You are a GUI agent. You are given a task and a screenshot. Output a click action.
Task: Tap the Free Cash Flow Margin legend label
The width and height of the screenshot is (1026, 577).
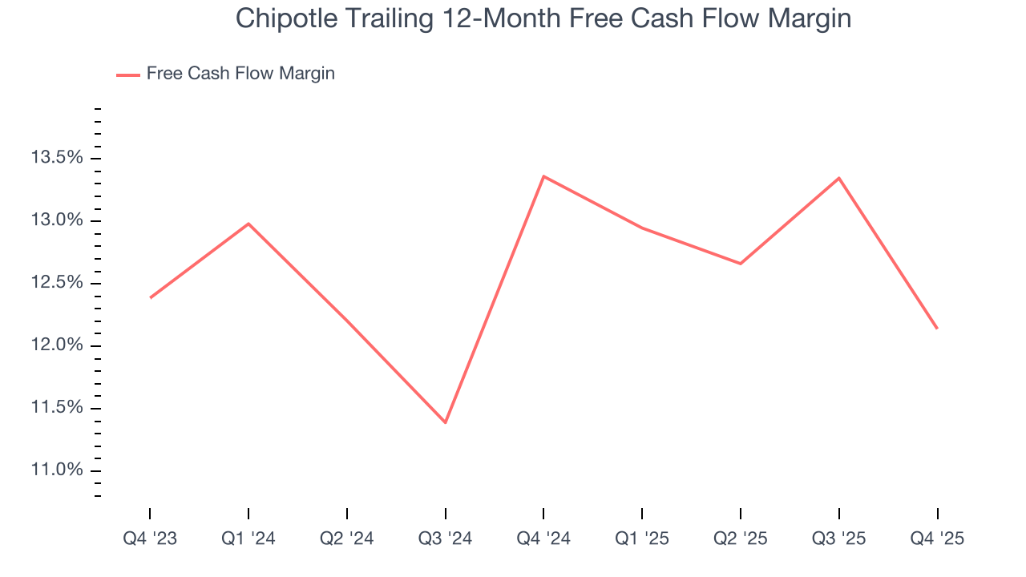(240, 74)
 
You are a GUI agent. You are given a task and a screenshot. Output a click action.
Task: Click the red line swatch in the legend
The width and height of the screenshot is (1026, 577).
(128, 75)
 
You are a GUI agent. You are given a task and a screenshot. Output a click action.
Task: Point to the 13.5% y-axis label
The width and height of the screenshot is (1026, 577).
(57, 158)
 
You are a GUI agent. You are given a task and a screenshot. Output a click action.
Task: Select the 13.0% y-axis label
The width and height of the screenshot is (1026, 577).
(57, 220)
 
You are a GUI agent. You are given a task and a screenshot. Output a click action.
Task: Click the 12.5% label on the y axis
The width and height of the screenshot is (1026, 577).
(57, 283)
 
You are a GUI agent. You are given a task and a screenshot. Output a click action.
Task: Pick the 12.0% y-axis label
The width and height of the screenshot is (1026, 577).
(57, 345)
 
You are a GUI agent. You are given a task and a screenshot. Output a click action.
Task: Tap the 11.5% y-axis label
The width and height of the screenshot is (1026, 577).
(57, 408)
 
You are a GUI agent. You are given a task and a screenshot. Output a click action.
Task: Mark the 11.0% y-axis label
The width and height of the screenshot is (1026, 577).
(57, 470)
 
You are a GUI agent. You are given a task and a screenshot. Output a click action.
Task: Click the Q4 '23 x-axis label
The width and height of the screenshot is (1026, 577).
(150, 539)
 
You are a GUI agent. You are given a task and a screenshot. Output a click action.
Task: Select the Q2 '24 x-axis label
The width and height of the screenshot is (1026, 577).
(347, 539)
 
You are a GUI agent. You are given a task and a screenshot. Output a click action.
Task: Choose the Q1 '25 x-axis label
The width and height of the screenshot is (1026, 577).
(642, 539)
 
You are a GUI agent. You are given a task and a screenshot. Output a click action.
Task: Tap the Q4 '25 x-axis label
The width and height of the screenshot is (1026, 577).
(937, 539)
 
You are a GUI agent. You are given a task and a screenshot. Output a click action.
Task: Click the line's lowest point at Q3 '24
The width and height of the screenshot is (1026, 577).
(445, 422)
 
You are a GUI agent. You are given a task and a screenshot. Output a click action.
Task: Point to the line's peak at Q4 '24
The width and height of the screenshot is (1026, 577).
(543, 176)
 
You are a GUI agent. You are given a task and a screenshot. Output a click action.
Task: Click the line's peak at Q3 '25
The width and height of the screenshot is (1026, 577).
(838, 178)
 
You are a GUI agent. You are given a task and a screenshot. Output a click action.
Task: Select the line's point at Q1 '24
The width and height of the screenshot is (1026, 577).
(248, 224)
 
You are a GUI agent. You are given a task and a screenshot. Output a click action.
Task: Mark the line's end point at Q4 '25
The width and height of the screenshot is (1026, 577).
(937, 329)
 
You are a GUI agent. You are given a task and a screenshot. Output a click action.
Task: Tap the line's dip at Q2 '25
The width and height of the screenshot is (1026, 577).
(740, 264)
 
